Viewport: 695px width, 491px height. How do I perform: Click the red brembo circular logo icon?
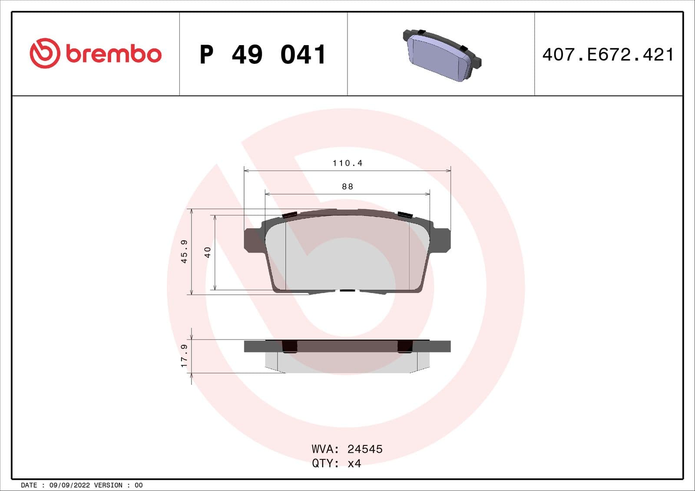pyautogui.click(x=44, y=53)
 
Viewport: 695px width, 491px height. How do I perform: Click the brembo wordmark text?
pyautogui.click(x=114, y=54)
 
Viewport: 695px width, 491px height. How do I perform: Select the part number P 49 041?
pyautogui.click(x=263, y=55)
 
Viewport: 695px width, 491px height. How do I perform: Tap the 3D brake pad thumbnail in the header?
pyautogui.click(x=442, y=55)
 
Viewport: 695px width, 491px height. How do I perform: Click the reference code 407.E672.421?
pyautogui.click(x=608, y=55)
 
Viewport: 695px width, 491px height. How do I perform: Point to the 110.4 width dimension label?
pyautogui.click(x=347, y=163)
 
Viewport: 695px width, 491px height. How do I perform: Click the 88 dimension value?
pyautogui.click(x=347, y=187)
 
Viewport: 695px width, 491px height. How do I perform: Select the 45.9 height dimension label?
pyautogui.click(x=184, y=251)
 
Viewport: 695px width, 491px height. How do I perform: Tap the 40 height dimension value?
pyautogui.click(x=208, y=252)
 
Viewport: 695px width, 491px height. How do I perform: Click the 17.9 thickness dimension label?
pyautogui.click(x=184, y=356)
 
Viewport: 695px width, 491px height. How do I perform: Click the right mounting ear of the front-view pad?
pyautogui.click(x=442, y=240)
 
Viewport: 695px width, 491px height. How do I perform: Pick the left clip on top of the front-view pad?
pyautogui.click(x=289, y=214)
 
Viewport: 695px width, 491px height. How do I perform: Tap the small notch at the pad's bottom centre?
pyautogui.click(x=347, y=290)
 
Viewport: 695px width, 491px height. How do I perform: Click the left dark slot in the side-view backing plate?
pyautogui.click(x=289, y=346)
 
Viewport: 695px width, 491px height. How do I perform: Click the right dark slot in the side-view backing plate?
pyautogui.click(x=405, y=346)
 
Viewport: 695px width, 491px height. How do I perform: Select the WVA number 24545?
pyautogui.click(x=365, y=449)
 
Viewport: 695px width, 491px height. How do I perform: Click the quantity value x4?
pyautogui.click(x=354, y=464)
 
